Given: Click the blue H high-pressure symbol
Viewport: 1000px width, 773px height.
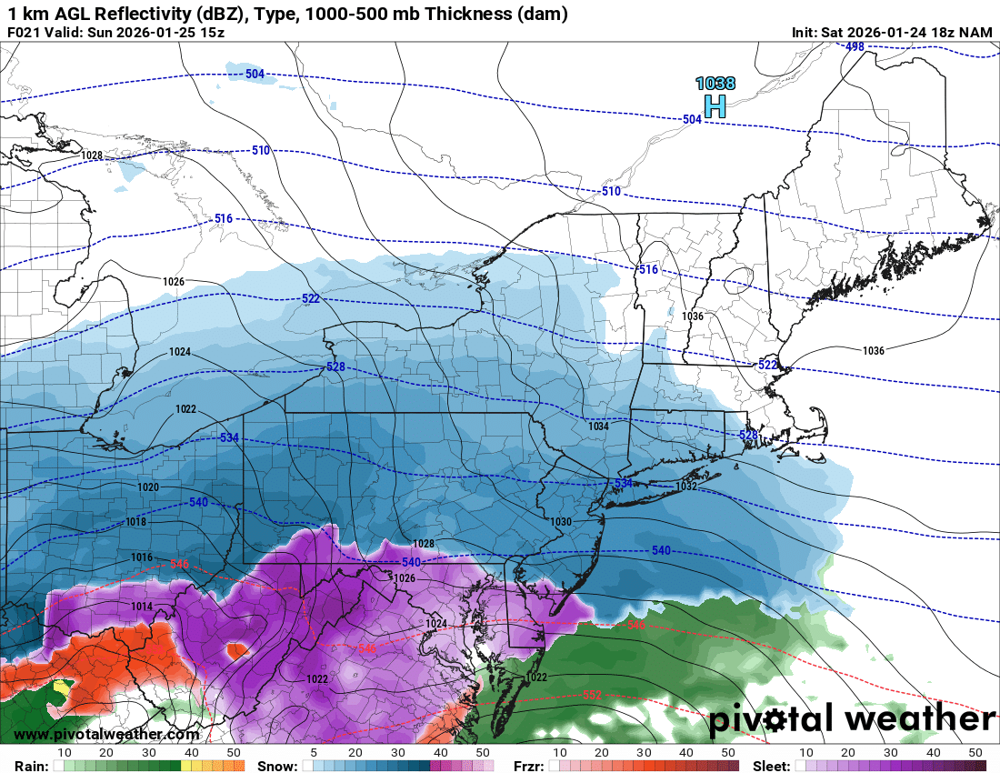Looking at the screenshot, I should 715,106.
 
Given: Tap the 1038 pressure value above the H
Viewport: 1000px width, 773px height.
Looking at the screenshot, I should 715,84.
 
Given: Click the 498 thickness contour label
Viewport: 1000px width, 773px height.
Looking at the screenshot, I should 854,46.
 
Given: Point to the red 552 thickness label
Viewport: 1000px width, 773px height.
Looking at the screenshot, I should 592,696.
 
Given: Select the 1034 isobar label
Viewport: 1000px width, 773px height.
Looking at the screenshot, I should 598,426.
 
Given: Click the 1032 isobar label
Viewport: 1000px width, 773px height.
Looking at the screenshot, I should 686,487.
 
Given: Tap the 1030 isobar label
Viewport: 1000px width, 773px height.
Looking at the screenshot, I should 561,521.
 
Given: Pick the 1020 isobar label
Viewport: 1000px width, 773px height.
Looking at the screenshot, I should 148,487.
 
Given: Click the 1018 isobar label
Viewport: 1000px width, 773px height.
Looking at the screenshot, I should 136,522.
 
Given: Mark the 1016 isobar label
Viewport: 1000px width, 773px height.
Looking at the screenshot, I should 142,557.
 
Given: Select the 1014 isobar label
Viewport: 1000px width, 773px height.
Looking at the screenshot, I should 142,606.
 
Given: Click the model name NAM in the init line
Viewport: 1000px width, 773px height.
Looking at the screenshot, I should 977,33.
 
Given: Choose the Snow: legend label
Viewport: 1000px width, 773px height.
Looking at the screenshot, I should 277,766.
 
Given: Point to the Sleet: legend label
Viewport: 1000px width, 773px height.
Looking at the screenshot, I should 774,766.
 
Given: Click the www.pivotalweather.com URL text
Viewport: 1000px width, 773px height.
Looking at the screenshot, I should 106,734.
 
